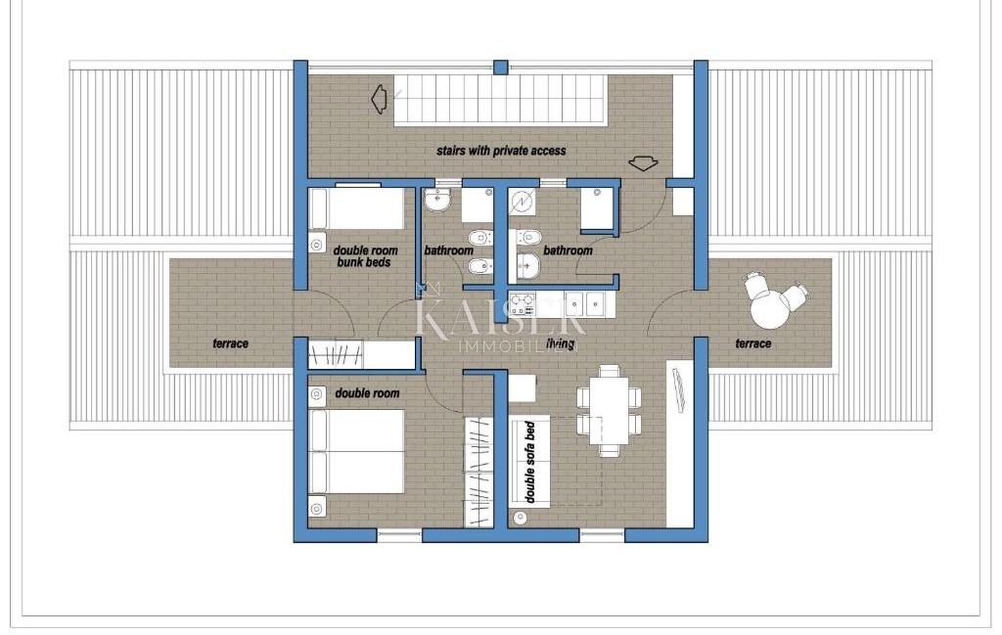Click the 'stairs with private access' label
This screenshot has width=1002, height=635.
[501, 151]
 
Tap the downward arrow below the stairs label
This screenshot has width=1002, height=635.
[642, 163]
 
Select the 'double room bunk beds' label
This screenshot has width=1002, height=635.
[363, 256]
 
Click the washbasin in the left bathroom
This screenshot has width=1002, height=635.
[437, 201]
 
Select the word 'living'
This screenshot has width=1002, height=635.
[560, 343]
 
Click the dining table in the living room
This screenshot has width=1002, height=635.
[610, 411]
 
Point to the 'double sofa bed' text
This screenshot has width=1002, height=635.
[530, 462]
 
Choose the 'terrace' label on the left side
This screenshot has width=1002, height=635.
[231, 343]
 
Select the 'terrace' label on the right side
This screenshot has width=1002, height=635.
[752, 343]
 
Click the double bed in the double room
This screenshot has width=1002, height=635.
[356, 451]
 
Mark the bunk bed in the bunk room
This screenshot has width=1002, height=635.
[357, 208]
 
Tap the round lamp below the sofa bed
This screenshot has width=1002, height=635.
[520, 519]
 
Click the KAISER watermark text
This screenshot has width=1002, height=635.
[501, 317]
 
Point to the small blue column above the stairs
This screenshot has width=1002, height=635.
[501, 68]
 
